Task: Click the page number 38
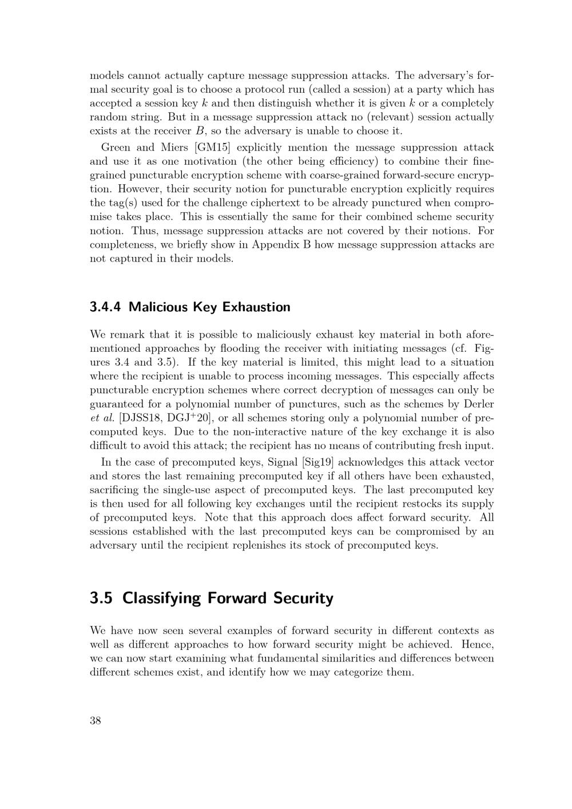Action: coord(96,721)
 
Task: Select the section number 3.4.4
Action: coord(106,307)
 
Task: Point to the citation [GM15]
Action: coord(213,148)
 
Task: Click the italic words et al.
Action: coord(102,418)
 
